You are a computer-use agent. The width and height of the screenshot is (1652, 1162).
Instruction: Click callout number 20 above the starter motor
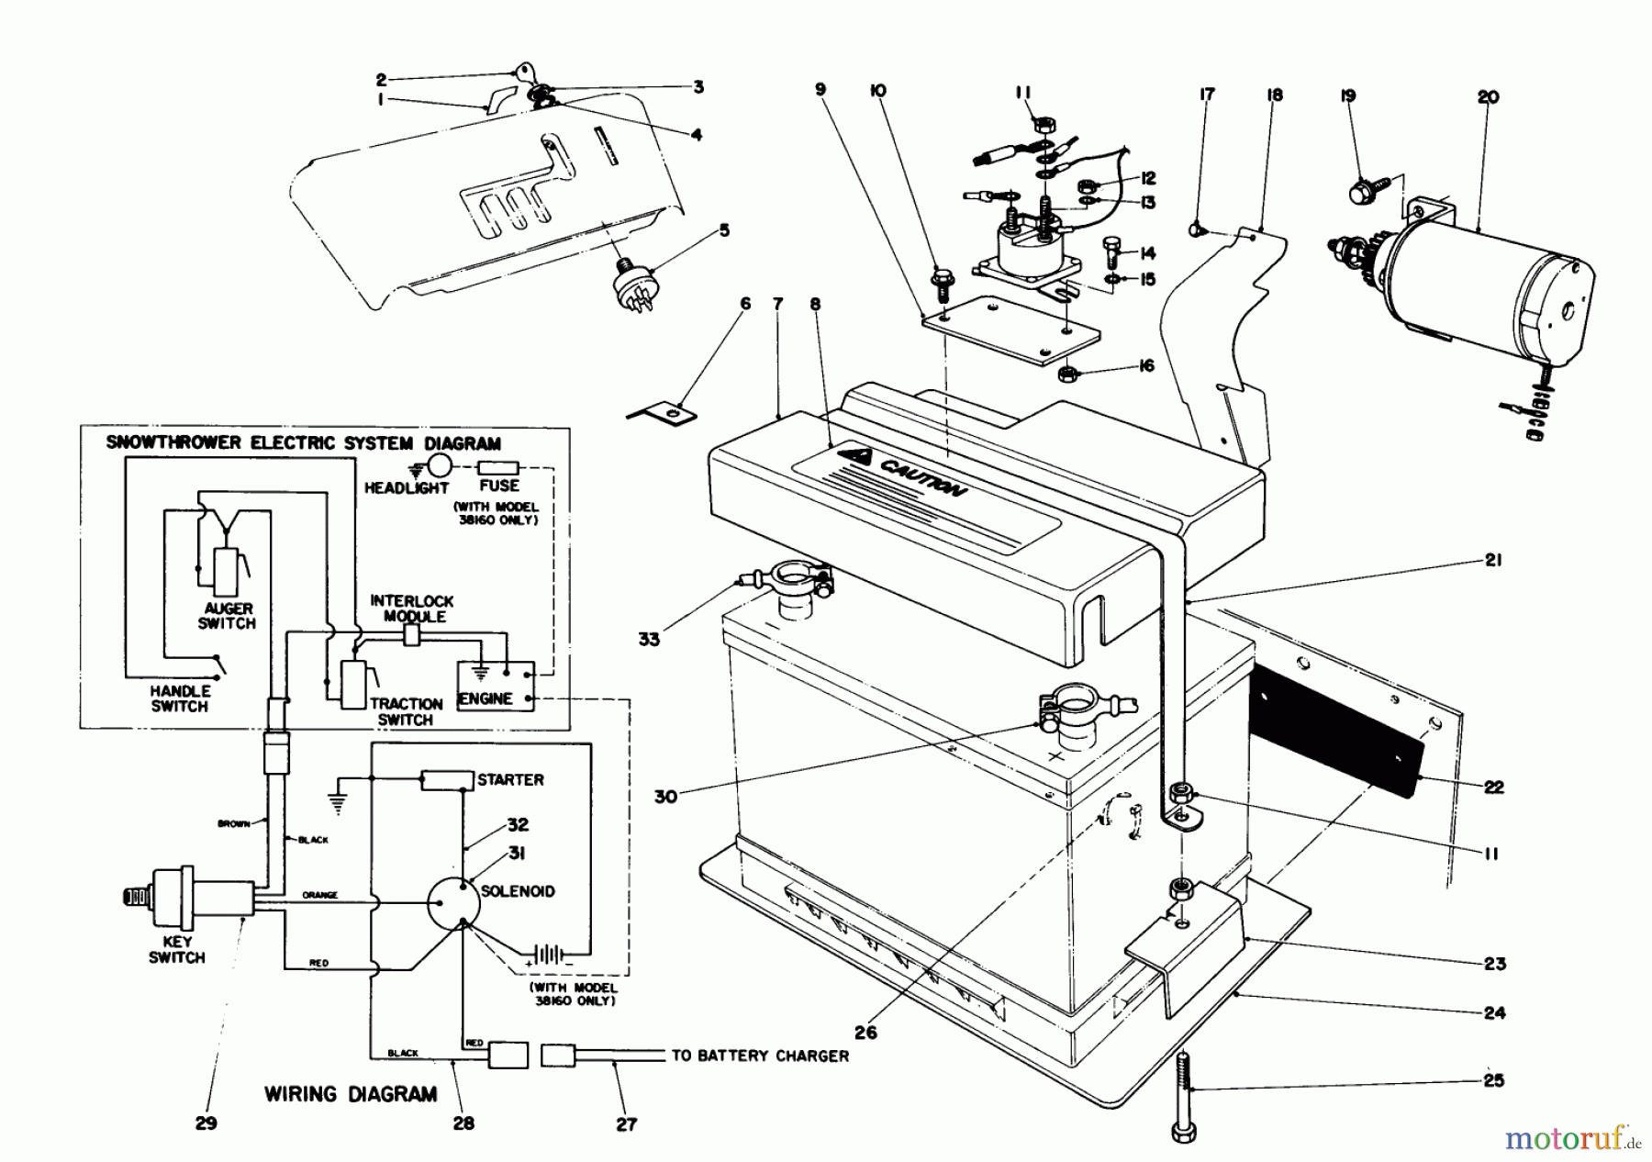point(1488,96)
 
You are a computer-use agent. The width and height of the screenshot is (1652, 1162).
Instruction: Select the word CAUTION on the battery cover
point(922,477)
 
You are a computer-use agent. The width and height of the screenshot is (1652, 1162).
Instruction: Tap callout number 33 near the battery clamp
point(649,639)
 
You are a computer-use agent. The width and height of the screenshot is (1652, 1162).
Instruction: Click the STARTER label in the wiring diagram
point(510,779)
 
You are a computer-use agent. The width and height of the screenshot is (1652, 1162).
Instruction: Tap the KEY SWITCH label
point(177,949)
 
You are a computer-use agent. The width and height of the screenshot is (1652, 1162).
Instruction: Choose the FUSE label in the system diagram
point(499,486)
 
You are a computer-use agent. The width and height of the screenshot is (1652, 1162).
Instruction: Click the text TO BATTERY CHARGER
point(760,1056)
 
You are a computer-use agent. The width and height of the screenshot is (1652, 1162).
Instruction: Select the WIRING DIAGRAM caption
point(351,1094)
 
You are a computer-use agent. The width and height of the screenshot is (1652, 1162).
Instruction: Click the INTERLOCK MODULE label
point(412,609)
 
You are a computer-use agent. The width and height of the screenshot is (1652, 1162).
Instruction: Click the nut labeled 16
point(1068,374)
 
